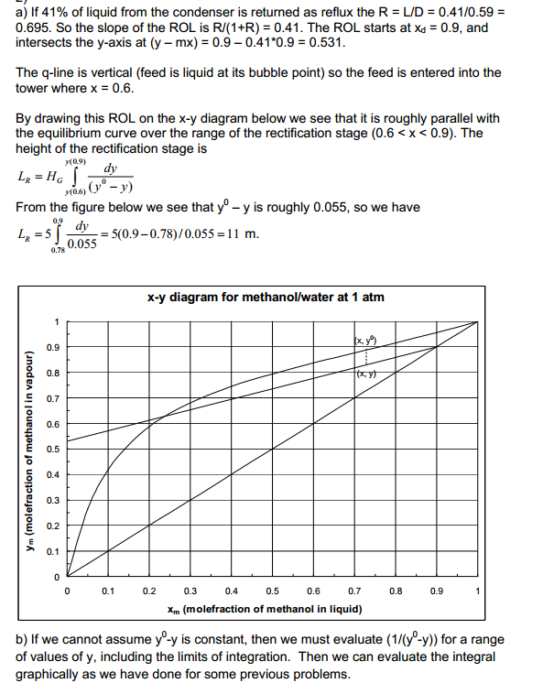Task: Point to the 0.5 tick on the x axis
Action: (272, 590)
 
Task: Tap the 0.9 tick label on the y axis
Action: (55, 348)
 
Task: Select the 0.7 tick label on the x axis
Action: (353, 590)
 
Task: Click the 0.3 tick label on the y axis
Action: (55, 501)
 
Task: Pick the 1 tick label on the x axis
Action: (476, 590)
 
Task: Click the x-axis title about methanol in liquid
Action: (265, 609)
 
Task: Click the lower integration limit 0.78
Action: (59, 249)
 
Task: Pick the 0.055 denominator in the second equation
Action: (82, 243)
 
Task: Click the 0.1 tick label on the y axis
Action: (55, 551)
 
